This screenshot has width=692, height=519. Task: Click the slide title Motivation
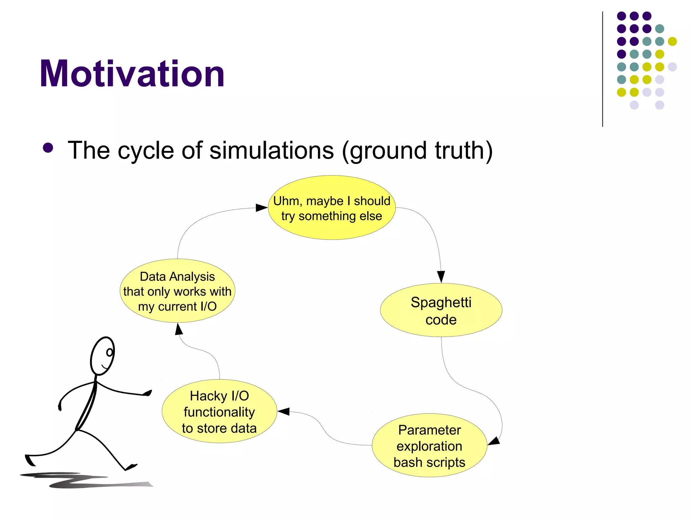(x=132, y=74)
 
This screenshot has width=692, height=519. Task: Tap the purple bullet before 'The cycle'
(x=48, y=148)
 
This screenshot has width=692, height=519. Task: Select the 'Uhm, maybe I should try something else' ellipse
(x=331, y=208)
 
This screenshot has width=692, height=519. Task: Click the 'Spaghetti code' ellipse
(x=441, y=310)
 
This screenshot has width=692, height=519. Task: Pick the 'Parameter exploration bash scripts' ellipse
(x=429, y=445)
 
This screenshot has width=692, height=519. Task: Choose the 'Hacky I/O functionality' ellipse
(x=219, y=412)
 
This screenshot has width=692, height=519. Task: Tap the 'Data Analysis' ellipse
(x=177, y=291)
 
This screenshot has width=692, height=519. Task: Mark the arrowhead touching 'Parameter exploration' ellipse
(x=494, y=441)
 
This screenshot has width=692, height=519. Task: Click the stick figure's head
(x=103, y=356)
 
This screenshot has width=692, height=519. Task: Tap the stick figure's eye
(x=109, y=352)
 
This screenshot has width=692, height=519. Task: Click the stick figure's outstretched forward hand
(x=147, y=393)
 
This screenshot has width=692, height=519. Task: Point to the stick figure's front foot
(x=131, y=467)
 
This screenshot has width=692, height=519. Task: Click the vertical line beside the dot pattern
(x=602, y=69)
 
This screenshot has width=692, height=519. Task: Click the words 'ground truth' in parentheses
(x=418, y=150)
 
